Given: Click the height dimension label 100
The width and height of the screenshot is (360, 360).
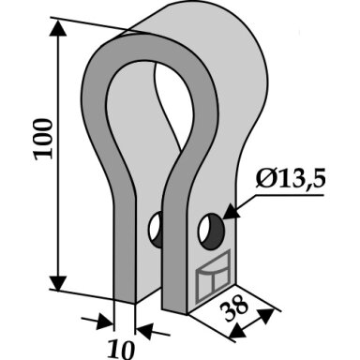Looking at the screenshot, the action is pyautogui.click(x=43, y=139).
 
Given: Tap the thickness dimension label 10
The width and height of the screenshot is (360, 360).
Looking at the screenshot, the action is pyautogui.click(x=121, y=350).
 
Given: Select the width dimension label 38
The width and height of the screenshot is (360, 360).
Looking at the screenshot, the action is pyautogui.click(x=234, y=307).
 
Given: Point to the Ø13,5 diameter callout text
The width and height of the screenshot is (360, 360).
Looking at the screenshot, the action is pyautogui.click(x=291, y=180).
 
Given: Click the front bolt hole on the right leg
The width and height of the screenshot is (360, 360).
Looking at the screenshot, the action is pyautogui.click(x=212, y=232).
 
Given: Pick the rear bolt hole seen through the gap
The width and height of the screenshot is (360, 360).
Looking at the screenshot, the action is pyautogui.click(x=156, y=230).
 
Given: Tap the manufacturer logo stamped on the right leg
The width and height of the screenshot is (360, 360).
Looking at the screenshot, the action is pyautogui.click(x=213, y=276).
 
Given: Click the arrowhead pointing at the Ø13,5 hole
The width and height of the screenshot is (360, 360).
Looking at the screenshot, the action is pyautogui.click(x=232, y=212).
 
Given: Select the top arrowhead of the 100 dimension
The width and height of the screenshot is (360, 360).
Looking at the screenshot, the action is pyautogui.click(x=58, y=29).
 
